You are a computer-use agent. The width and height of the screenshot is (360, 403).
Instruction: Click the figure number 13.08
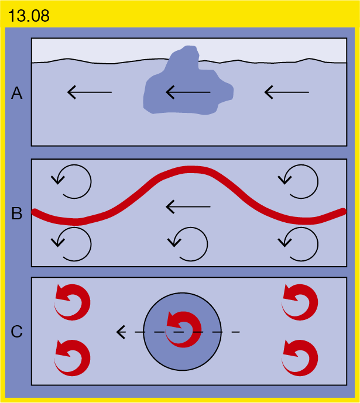point(29,16)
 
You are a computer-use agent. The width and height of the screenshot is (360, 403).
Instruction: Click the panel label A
point(17,93)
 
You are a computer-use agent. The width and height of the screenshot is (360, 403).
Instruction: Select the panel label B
point(17,213)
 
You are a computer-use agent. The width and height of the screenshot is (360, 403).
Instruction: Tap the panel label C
point(17,331)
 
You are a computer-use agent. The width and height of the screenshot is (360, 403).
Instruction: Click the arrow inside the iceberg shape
point(188,92)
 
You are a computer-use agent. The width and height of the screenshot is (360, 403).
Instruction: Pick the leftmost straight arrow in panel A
point(90,92)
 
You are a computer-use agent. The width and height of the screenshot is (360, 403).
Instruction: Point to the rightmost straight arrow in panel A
point(287,92)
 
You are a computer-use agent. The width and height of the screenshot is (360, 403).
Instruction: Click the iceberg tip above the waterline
point(184,53)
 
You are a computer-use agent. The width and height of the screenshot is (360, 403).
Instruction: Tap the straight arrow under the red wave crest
point(188,206)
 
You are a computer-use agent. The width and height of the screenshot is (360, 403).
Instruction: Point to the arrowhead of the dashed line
point(121,332)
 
